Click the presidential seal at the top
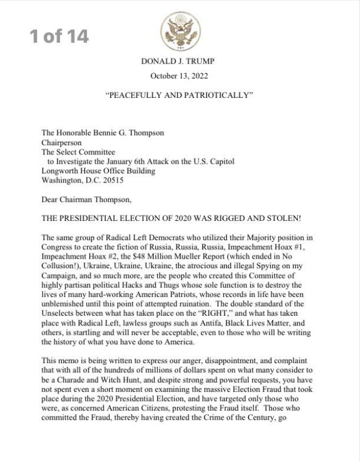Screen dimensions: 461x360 tap(180, 30)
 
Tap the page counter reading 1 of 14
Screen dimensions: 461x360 tap(59, 37)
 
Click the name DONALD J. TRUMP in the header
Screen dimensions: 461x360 tap(180, 61)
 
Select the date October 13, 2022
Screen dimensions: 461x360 tap(180, 75)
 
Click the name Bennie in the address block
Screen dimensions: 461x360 tap(116, 133)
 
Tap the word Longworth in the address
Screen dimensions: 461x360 tap(59, 171)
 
